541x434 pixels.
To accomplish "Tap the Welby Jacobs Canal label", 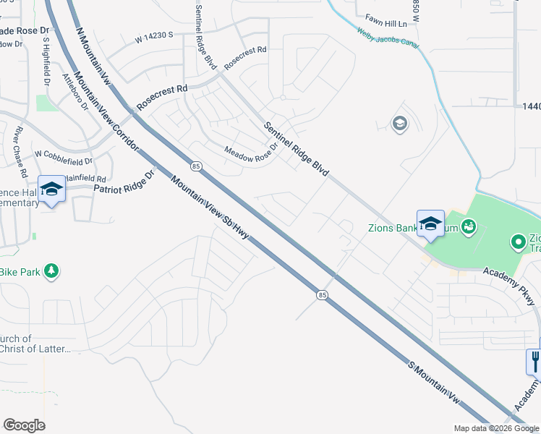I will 388,41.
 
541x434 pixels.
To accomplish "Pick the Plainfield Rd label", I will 85,178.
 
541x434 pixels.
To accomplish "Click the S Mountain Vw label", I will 433,381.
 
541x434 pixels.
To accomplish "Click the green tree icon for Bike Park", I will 51,271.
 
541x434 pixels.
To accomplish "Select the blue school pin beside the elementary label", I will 51,190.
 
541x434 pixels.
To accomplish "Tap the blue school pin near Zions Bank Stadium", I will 430,223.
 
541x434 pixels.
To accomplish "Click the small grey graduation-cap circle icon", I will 399,124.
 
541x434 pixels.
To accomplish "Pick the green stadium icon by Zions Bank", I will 469,228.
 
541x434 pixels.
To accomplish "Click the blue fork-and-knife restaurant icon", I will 535,360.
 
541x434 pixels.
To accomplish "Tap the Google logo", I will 24,425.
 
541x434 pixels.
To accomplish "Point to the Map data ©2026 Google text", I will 495,428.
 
